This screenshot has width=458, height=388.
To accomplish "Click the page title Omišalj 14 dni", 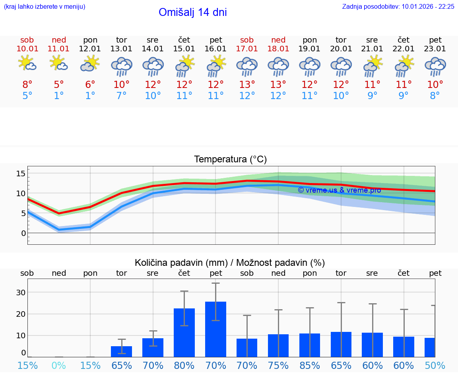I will (192, 12).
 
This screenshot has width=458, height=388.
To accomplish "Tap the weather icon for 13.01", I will (121, 66).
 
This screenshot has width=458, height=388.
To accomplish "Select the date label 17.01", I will (247, 49).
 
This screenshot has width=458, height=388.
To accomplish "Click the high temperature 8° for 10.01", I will (27, 84).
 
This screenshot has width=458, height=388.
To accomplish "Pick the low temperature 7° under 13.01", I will (121, 96).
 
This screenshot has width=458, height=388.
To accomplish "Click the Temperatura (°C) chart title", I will (230, 160).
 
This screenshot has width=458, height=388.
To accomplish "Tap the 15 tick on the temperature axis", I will (21, 174).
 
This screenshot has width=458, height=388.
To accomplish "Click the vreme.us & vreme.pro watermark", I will (339, 190).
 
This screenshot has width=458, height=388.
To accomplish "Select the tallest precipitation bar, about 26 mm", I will (215, 329).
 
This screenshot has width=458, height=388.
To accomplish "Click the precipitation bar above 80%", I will (184, 332).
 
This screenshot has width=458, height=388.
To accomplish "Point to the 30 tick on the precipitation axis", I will (21, 292).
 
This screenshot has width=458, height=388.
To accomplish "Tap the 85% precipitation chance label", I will (310, 366).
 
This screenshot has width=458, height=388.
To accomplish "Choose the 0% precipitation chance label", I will (58, 366).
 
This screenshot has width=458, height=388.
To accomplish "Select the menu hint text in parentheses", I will (45, 6).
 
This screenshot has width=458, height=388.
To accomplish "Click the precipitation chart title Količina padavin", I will (230, 263).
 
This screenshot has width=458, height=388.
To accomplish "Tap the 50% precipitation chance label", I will (435, 366).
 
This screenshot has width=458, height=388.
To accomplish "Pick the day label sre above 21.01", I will (372, 40).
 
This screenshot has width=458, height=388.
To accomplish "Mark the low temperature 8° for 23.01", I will (435, 96).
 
